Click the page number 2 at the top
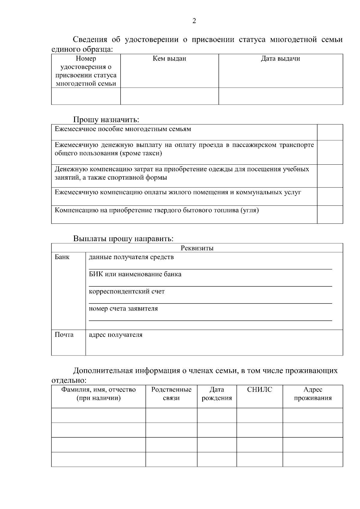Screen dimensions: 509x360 (194, 21)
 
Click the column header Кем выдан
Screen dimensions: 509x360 (169, 59)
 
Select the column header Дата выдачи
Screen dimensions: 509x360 (280, 59)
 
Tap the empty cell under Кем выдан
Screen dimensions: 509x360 (169, 96)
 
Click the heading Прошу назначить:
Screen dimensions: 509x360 (106, 120)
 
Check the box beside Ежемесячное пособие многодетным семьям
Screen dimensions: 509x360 (330, 132)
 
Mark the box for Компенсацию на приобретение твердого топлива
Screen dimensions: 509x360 (330, 214)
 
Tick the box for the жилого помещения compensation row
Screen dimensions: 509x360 (330, 196)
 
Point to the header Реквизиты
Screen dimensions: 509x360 (197, 248)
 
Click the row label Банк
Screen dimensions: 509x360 (62, 257)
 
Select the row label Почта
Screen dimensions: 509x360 (64, 335)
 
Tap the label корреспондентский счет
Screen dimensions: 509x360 (127, 292)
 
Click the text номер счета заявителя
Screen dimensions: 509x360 (123, 309)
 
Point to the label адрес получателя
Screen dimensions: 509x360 (115, 335)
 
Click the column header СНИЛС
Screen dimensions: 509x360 (259, 390)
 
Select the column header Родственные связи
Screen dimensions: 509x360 (171, 394)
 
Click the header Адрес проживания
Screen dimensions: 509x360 (313, 394)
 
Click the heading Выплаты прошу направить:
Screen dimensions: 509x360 (123, 239)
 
